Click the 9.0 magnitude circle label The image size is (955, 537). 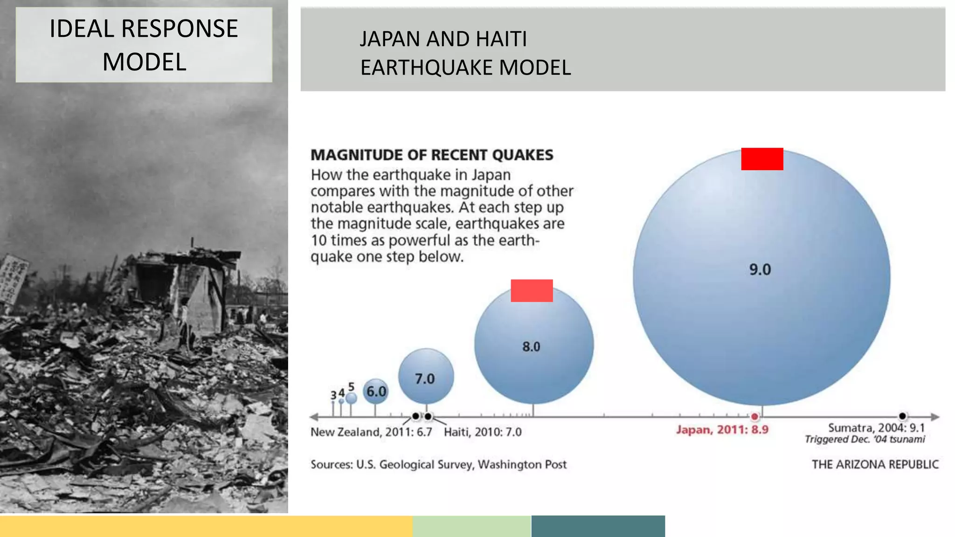coord(760,269)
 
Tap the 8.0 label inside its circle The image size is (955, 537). coord(531,347)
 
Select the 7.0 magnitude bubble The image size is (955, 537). coord(426,377)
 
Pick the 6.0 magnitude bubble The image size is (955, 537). coord(376,392)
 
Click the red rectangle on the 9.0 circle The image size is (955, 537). coord(762,159)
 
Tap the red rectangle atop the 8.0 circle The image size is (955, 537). coord(532,291)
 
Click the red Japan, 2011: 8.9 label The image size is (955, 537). coord(722,430)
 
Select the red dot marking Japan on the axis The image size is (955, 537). coord(754,416)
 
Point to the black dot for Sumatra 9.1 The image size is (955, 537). coord(902,416)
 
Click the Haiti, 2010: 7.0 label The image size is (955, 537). coord(483,432)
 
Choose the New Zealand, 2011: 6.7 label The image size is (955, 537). coord(371,432)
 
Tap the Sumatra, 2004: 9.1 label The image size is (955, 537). coord(876,428)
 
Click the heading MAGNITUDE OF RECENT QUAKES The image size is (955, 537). coord(432,155)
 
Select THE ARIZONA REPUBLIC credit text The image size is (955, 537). coord(875,464)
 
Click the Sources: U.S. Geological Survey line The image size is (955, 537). coord(438,464)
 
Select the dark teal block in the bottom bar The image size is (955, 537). coord(598,526)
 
